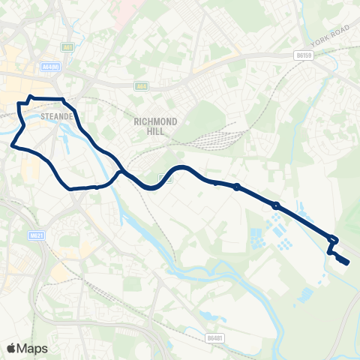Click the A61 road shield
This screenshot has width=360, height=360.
[x=69, y=46]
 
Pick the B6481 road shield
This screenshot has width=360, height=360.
[x=214, y=339]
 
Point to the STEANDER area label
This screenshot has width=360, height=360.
[x=56, y=115]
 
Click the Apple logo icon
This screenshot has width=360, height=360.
[x=12, y=348]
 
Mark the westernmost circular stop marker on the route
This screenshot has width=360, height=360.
[x=237, y=187]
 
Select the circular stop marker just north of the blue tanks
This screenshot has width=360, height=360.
[x=276, y=205]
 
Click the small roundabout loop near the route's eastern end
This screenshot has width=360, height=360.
[x=334, y=240]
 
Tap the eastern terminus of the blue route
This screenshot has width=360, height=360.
[x=347, y=262]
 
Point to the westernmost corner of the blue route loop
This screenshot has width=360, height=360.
[x=13, y=146]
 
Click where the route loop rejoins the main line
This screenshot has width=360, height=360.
[x=120, y=174]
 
